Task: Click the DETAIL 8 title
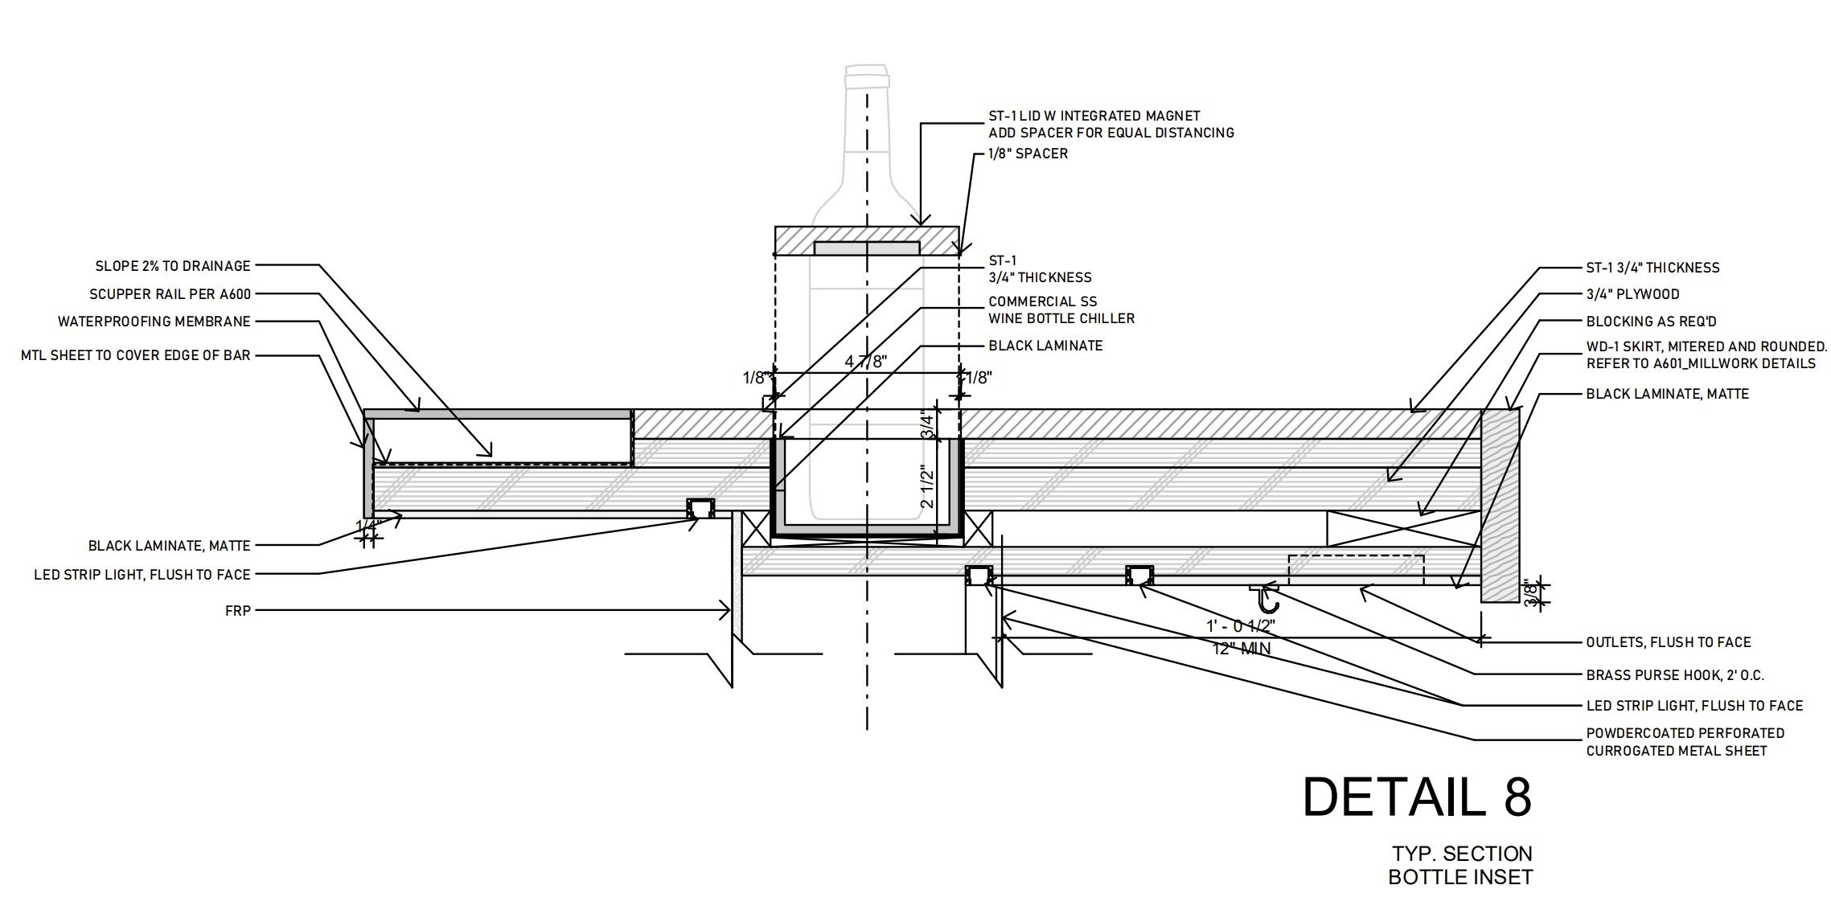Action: [1417, 797]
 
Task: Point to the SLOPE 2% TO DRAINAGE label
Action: [173, 265]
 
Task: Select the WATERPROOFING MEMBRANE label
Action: [154, 322]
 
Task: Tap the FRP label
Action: [238, 611]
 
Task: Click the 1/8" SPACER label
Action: [1028, 154]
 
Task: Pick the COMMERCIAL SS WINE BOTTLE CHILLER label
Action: [1061, 309]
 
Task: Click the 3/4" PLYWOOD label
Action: [1632, 294]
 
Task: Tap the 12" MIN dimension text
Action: [1242, 647]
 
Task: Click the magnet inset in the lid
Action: [867, 248]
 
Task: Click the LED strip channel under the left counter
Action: [699, 507]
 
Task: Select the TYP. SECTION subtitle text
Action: [1462, 853]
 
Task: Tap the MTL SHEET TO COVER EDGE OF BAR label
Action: [136, 355]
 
